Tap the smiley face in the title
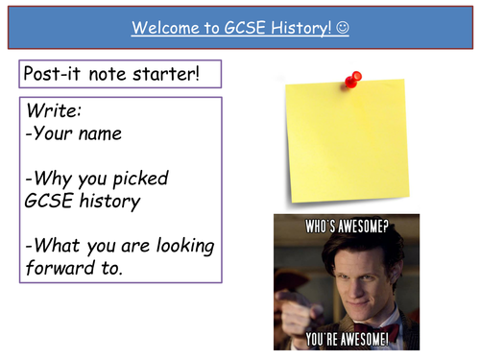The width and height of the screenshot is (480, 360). coord(344,28)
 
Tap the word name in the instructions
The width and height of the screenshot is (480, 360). coord(101,133)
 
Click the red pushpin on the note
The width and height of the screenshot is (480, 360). coord(354,78)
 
